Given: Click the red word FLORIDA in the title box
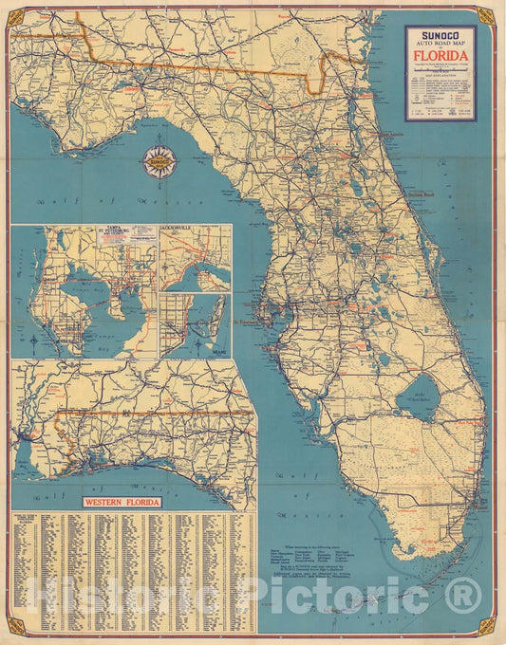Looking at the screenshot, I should pyautogui.click(x=440, y=54).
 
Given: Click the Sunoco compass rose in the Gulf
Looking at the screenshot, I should pyautogui.click(x=159, y=163).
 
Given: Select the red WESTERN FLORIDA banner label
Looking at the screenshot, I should pyautogui.click(x=122, y=502).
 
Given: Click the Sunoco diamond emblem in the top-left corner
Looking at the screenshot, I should pyautogui.click(x=16, y=14).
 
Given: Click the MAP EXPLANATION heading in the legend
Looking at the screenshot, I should pyautogui.click(x=440, y=81).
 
